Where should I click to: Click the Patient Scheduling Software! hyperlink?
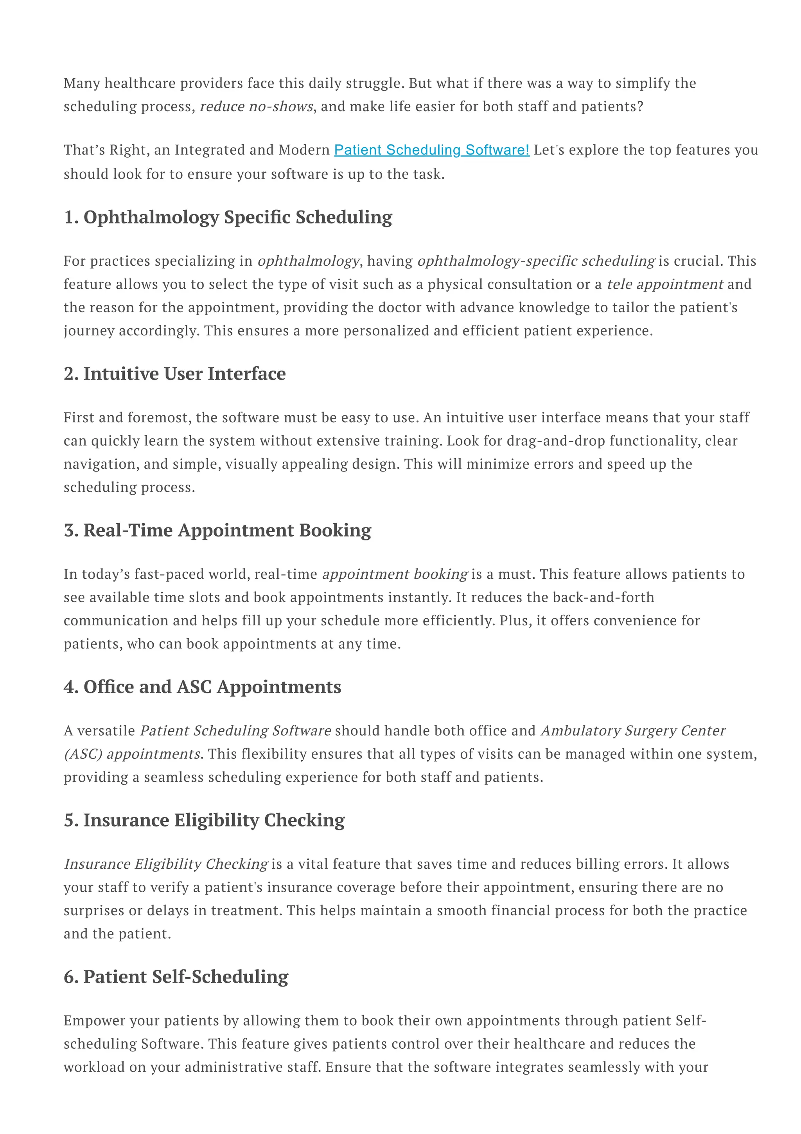[431, 150]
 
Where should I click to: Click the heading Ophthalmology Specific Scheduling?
[228, 217]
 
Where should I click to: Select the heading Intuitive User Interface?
[175, 374]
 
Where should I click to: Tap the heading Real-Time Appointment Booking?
[217, 531]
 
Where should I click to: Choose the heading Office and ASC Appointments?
[202, 687]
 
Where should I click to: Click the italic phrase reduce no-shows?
[256, 107]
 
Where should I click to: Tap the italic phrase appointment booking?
[394, 574]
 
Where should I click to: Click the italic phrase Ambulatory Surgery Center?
[633, 731]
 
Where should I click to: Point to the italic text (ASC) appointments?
[132, 754]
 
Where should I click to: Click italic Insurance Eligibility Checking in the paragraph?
[166, 864]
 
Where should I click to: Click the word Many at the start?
[82, 83]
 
